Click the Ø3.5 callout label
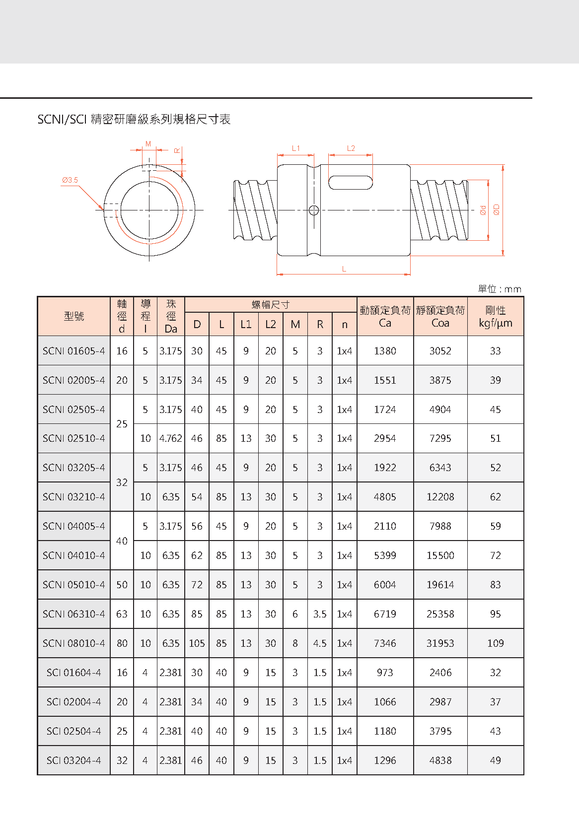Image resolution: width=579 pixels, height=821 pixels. pyautogui.click(x=70, y=180)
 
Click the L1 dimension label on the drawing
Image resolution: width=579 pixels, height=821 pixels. pyautogui.click(x=296, y=148)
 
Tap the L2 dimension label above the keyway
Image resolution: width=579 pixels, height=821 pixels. pyautogui.click(x=351, y=148)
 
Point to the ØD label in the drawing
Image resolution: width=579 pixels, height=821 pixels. pyautogui.click(x=496, y=210)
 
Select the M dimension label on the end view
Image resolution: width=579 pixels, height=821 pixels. pyautogui.click(x=148, y=144)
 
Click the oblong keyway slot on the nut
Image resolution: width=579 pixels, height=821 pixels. pyautogui.click(x=351, y=182)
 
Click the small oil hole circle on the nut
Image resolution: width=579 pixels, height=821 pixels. pyautogui.click(x=314, y=210)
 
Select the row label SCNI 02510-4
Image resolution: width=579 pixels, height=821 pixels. pyautogui.click(x=74, y=438)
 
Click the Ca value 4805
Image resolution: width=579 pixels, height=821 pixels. pyautogui.click(x=385, y=497)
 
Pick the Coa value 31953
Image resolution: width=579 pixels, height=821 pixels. pyautogui.click(x=440, y=643)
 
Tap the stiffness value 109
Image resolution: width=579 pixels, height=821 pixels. pyautogui.click(x=495, y=643)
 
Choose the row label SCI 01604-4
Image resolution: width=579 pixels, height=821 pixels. pyautogui.click(x=74, y=673)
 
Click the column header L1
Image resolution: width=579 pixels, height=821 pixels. pyautogui.click(x=246, y=325)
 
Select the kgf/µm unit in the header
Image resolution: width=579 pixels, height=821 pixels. pyautogui.click(x=495, y=323)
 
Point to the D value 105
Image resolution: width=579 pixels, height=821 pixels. pyautogui.click(x=197, y=643)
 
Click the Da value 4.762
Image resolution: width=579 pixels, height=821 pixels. pyautogui.click(x=171, y=438)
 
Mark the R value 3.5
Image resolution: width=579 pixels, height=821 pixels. pyautogui.click(x=320, y=614)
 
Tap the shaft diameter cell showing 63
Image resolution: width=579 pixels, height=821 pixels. pyautogui.click(x=122, y=614)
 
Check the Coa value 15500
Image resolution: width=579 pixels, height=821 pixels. pyautogui.click(x=440, y=555)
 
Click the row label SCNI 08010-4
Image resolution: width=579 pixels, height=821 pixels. pyautogui.click(x=74, y=643)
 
